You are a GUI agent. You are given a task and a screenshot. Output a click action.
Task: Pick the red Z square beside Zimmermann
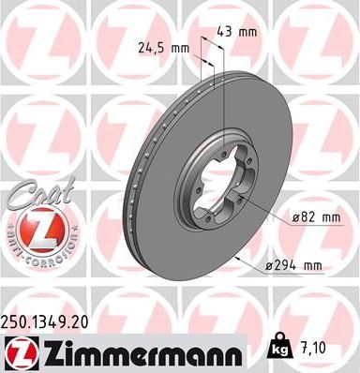point(18,349)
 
